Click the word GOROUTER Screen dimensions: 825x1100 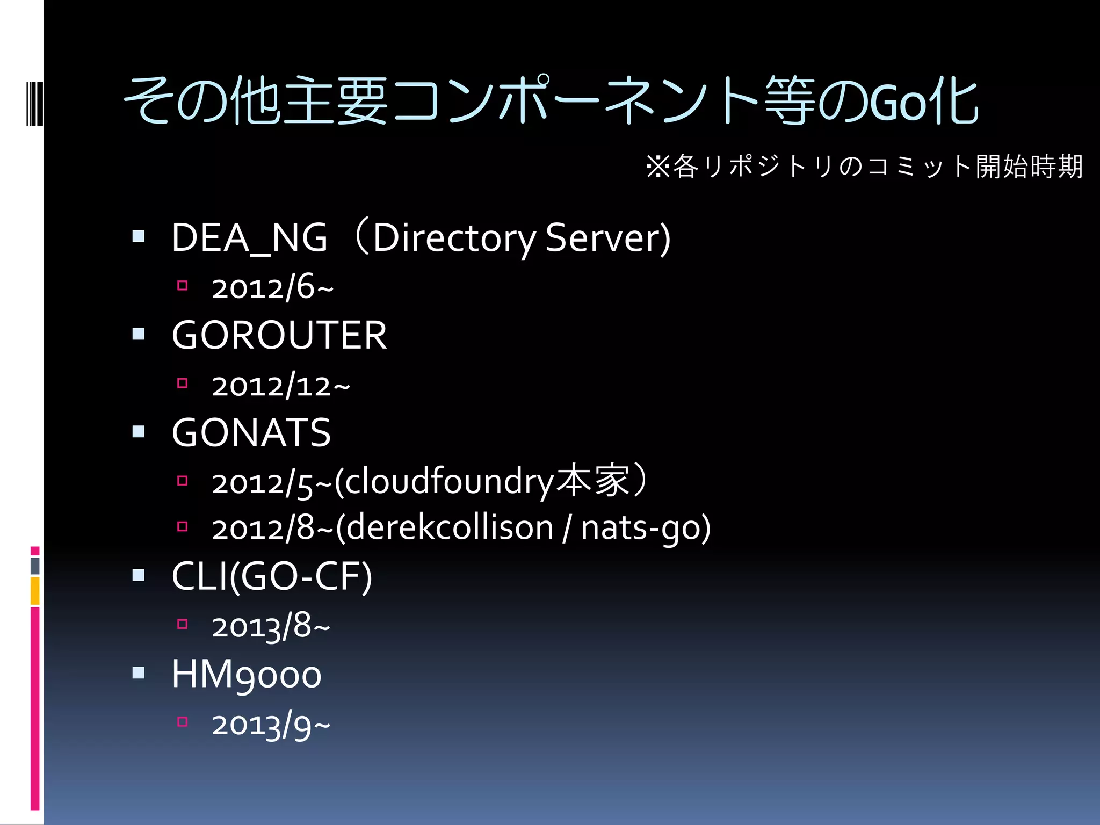[x=279, y=335]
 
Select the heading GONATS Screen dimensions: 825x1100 [x=251, y=432]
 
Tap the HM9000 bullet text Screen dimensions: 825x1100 [x=246, y=675]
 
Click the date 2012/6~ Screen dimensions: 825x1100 [x=272, y=287]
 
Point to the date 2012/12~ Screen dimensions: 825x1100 [x=280, y=385]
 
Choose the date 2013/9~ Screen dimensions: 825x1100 [x=271, y=725]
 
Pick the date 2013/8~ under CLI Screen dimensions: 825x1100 [x=271, y=627]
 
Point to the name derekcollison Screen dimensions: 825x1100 [x=449, y=528]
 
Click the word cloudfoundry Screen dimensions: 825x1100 [x=448, y=482]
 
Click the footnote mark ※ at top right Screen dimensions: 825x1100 [x=658, y=167]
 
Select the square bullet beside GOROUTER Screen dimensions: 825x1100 [x=139, y=334]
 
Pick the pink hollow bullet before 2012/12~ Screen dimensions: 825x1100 [x=183, y=383]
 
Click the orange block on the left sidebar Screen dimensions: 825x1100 [x=35, y=591]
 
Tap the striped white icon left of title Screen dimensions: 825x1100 [x=35, y=103]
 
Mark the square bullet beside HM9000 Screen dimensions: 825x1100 [x=139, y=672]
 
